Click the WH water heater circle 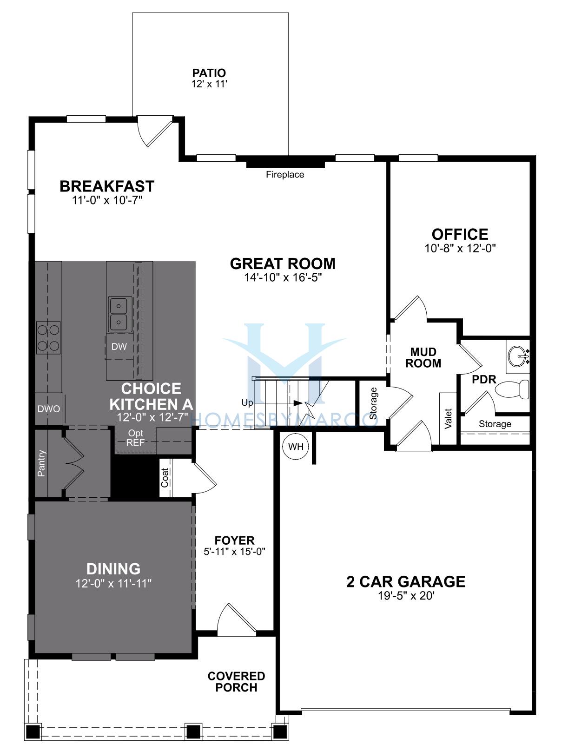(x=296, y=447)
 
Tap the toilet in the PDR (x=512, y=390)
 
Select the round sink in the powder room (x=518, y=356)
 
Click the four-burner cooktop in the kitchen (x=48, y=338)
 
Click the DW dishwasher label (x=119, y=347)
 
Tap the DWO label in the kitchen (x=49, y=409)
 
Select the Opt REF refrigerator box (x=135, y=438)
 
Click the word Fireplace (x=285, y=174)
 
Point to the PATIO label (x=209, y=73)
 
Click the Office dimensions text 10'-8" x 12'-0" (x=460, y=248)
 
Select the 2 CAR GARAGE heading (x=406, y=581)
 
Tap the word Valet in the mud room (x=448, y=418)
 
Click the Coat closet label (x=165, y=478)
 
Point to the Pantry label (x=41, y=463)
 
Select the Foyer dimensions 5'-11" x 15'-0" (x=234, y=552)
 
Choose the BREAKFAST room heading (x=107, y=186)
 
